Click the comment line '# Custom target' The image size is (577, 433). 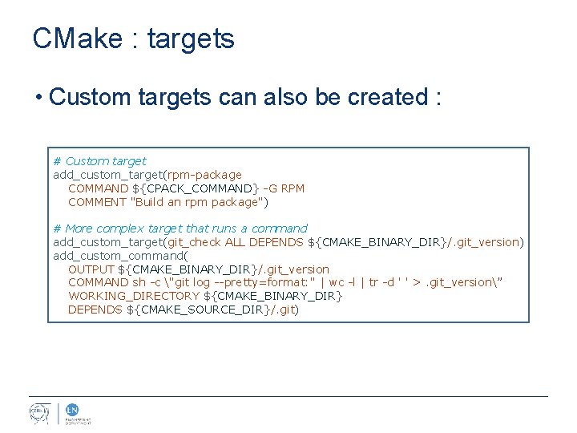coord(99,161)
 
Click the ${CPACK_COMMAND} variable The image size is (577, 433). coord(196,188)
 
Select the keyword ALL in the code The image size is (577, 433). coord(235,242)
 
